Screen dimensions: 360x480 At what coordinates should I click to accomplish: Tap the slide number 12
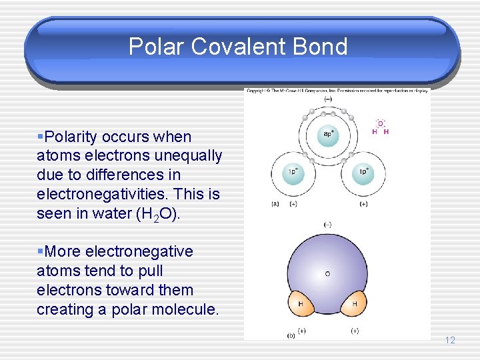450,340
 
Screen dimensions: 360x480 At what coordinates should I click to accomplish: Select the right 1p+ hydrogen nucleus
363,171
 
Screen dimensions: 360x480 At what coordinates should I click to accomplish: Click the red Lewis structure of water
380,127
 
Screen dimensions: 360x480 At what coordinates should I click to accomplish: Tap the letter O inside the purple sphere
327,273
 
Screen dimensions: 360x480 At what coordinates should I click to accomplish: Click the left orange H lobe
301,303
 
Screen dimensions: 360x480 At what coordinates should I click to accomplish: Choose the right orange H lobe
354,303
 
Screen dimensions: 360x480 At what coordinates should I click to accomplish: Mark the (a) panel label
275,203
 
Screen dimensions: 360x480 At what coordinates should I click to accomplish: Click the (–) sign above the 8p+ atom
327,99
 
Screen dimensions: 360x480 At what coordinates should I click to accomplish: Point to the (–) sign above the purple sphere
327,225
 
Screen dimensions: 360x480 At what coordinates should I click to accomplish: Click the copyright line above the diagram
337,90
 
